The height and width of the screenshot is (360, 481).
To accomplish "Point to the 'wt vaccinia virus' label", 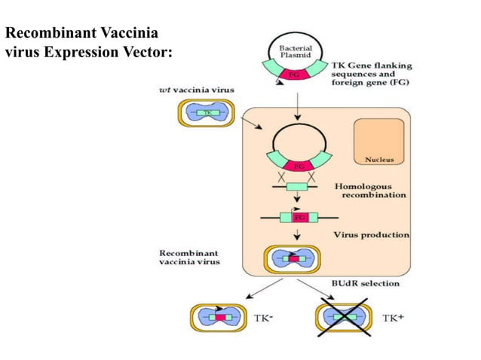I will pos(196,90).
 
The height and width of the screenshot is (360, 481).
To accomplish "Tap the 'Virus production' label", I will pos(371,234).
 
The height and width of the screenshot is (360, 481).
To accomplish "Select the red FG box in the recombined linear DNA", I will pos(299,217).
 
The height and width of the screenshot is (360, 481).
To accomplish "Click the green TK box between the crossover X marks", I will pos(299,185).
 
